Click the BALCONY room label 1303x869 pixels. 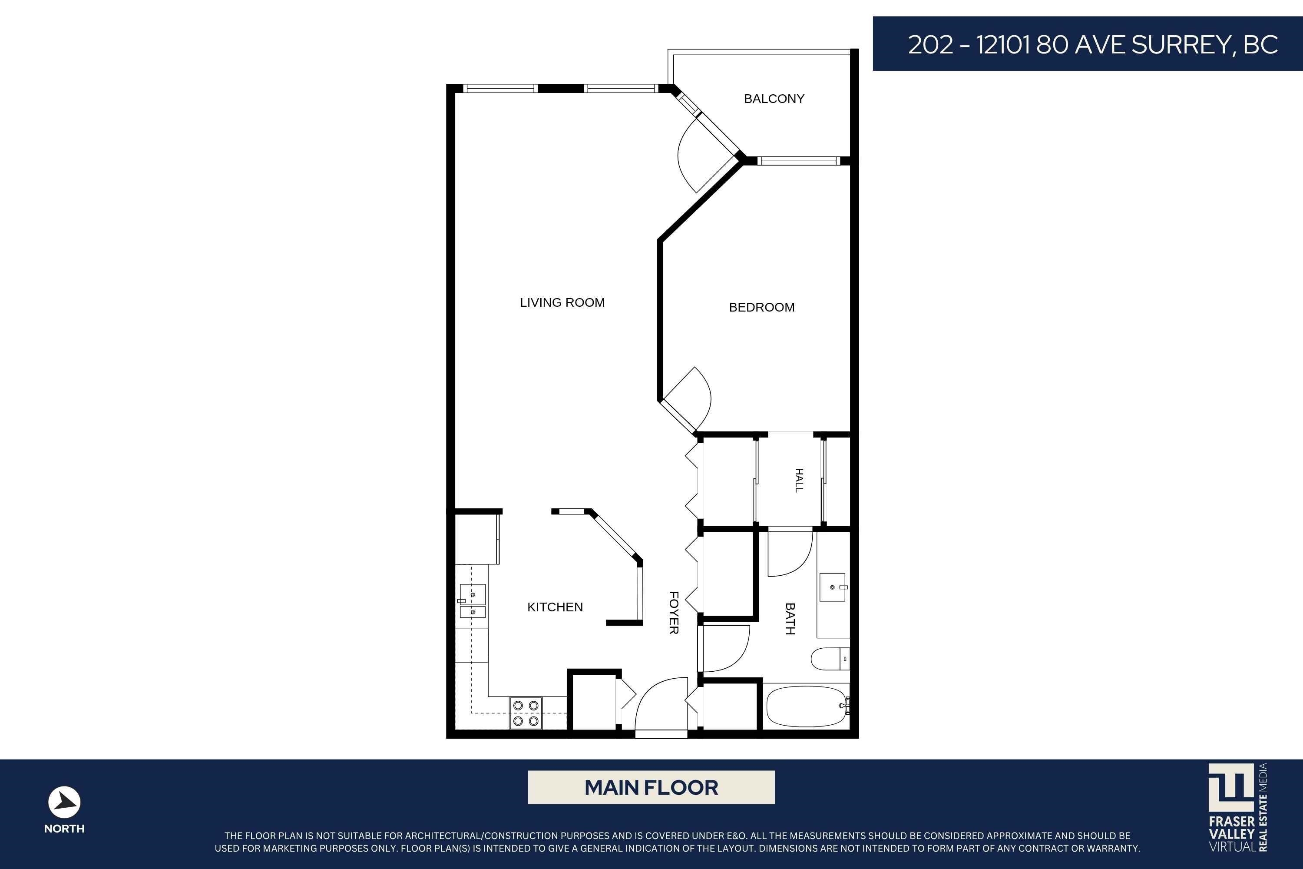click(774, 99)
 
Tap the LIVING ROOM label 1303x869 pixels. click(562, 302)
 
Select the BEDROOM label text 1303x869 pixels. click(762, 307)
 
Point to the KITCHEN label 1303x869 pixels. click(555, 607)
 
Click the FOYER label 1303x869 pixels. click(674, 612)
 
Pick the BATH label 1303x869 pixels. click(790, 618)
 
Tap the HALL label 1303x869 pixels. click(799, 480)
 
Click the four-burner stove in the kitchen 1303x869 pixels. click(526, 713)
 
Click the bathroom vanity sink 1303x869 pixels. click(833, 587)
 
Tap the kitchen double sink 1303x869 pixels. click(472, 601)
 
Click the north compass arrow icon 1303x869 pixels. click(64, 802)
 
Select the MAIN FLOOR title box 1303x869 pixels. click(651, 787)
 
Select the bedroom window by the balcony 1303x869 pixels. click(798, 161)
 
